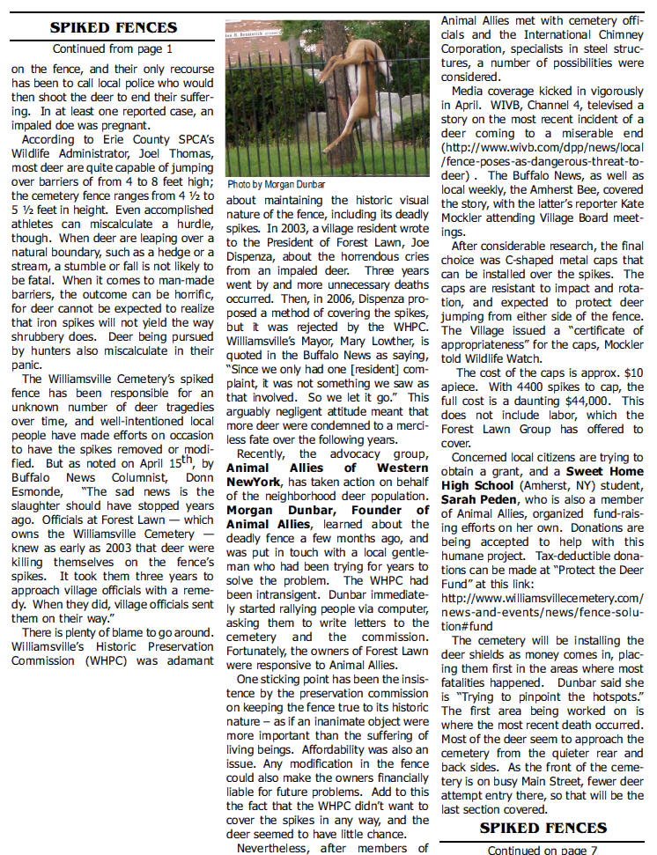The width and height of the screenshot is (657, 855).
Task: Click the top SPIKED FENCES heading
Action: [x=113, y=28]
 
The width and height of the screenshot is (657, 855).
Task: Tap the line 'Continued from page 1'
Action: [x=113, y=50]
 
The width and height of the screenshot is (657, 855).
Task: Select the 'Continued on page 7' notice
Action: [x=543, y=849]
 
